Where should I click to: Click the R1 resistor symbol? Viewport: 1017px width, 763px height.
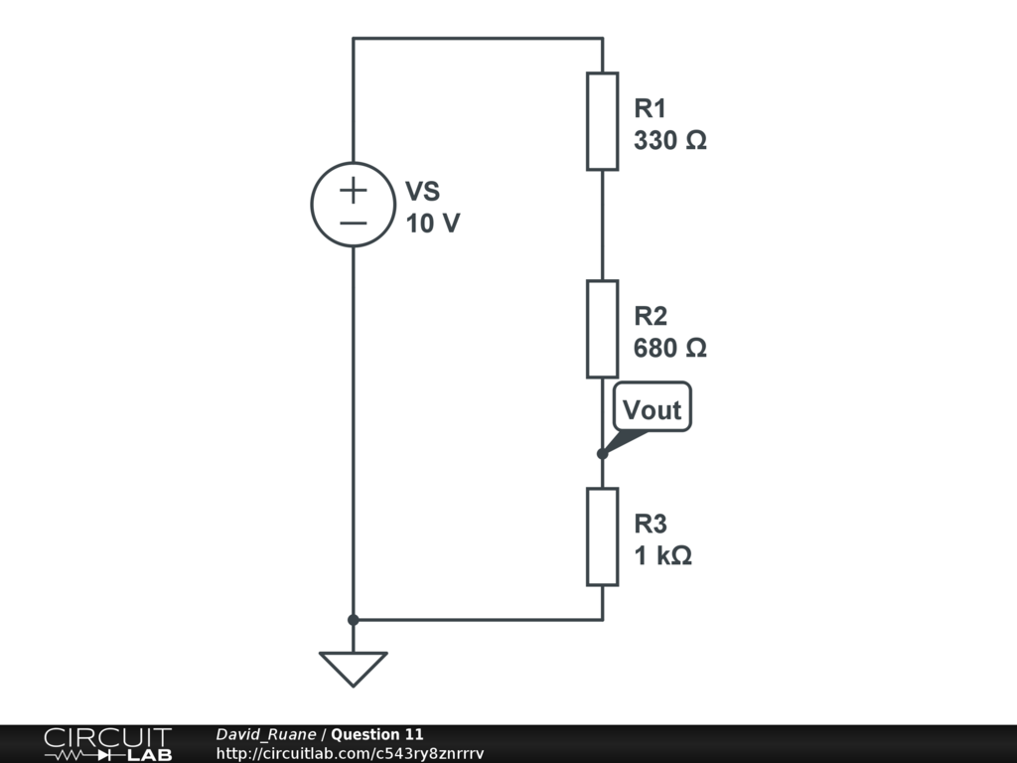(x=602, y=121)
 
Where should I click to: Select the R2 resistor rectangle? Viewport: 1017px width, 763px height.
(x=602, y=329)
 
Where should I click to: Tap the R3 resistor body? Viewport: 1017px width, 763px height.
(x=602, y=536)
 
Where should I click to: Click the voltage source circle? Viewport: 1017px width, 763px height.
(x=354, y=205)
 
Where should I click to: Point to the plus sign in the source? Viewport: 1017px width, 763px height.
(x=354, y=190)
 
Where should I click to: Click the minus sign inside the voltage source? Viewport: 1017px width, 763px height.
(x=354, y=224)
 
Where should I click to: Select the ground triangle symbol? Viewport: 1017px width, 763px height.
(x=354, y=668)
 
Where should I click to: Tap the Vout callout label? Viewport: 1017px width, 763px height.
(x=652, y=409)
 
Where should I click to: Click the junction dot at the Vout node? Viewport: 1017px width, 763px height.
(x=602, y=454)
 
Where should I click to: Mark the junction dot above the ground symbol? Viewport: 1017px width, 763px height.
(x=354, y=620)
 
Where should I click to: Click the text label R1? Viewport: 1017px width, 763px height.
(x=651, y=108)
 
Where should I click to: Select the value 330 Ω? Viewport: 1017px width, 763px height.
(x=670, y=141)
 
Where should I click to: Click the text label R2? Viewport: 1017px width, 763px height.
(x=651, y=316)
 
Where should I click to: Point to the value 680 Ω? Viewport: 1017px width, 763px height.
(x=670, y=349)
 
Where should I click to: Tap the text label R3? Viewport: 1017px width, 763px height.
(x=651, y=524)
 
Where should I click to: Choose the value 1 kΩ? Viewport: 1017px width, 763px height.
(x=663, y=556)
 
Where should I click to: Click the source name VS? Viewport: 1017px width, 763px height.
(x=422, y=192)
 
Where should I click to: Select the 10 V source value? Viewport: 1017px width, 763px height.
(x=433, y=225)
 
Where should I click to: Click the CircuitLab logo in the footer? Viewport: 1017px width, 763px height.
(x=107, y=743)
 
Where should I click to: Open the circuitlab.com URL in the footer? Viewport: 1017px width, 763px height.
(x=350, y=754)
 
